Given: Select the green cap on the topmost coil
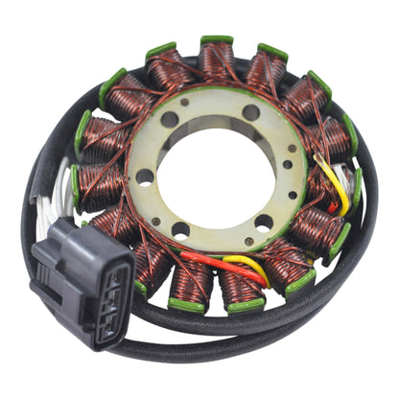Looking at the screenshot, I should coord(217,40).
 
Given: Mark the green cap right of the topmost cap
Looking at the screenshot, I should coord(273,51).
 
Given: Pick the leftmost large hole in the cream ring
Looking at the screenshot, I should coord(146,176).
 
